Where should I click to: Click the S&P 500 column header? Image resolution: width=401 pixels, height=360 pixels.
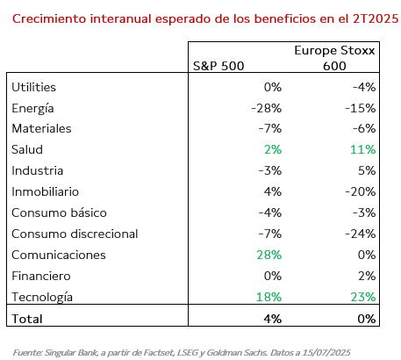point(218,66)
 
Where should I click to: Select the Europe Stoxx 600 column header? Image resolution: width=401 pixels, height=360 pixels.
point(334,58)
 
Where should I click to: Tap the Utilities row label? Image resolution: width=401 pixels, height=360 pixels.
point(33,87)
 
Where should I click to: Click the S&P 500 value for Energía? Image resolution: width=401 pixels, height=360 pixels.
point(266,108)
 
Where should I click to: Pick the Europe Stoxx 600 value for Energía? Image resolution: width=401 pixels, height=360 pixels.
point(361,108)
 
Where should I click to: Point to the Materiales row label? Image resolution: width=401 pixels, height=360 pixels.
point(41,129)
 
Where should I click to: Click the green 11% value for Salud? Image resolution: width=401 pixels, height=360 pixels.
point(363,149)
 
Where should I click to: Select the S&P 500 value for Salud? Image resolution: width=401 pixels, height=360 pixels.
point(273,149)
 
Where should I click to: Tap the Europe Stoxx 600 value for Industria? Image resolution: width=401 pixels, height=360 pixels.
point(367,170)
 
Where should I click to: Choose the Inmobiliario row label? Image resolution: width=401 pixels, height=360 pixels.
point(46,191)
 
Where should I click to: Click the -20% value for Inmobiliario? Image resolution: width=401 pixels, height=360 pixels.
point(361,191)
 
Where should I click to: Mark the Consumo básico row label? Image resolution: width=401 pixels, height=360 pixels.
point(59,212)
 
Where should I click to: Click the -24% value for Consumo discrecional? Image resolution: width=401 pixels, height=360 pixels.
point(361,234)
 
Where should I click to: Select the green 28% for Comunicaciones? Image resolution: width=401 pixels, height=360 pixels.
point(269,255)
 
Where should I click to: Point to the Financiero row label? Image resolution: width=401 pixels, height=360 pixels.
point(41,276)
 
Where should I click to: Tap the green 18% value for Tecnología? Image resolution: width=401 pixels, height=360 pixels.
point(269,297)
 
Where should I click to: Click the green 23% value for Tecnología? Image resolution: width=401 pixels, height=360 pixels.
point(363,297)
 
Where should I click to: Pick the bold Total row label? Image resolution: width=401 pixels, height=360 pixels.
point(27,319)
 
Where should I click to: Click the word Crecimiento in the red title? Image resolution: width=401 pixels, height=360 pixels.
point(49,18)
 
